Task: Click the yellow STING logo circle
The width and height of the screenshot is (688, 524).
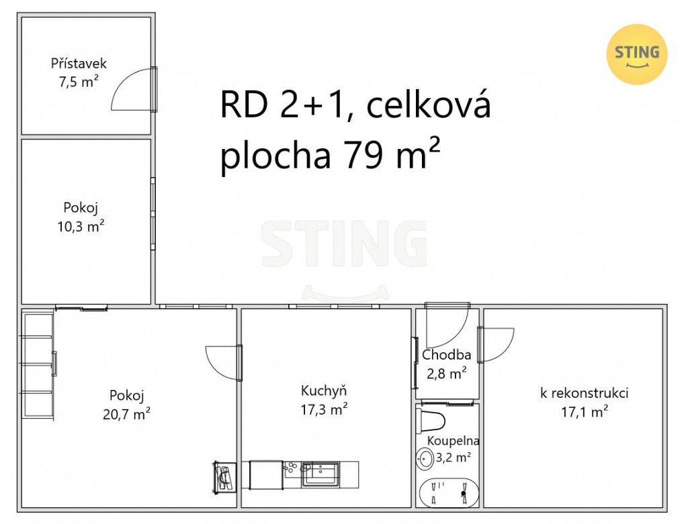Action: tap(637, 54)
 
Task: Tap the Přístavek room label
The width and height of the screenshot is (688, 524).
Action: tap(79, 64)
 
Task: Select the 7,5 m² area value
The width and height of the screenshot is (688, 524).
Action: tap(79, 81)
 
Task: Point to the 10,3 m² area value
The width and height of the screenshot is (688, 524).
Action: tap(81, 226)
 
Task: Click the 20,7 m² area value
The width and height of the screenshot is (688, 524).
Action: tap(127, 413)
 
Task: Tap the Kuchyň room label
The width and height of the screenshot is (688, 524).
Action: tap(324, 390)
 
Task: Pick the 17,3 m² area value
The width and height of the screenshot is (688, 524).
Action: tap(325, 409)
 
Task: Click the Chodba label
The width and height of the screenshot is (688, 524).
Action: tap(447, 354)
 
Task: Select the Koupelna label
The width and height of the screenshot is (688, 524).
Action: tap(454, 440)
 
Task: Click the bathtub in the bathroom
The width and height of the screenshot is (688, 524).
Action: tap(449, 492)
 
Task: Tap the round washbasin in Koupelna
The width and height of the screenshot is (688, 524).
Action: tap(425, 459)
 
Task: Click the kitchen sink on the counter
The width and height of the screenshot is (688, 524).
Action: tap(320, 474)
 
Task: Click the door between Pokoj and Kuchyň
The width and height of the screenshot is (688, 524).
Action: tap(224, 363)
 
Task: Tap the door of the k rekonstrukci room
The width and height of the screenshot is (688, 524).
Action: tap(496, 345)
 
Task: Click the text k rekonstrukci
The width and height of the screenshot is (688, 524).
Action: tap(584, 393)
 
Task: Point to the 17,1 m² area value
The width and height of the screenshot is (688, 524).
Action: tap(585, 412)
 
